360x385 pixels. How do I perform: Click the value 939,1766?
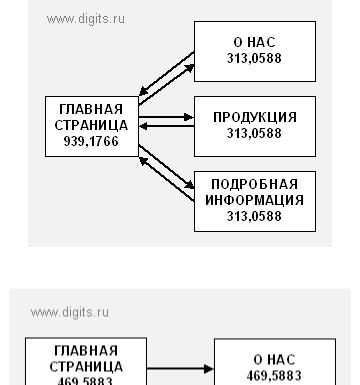[91, 142]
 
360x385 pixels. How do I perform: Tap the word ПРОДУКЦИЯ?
[255, 117]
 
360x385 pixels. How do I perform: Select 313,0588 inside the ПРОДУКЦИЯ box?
[255, 133]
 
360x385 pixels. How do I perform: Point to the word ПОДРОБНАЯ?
[255, 184]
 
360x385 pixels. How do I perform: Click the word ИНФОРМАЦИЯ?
[255, 199]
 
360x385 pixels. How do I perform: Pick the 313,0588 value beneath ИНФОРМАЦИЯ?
[255, 215]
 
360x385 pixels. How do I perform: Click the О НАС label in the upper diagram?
[255, 42]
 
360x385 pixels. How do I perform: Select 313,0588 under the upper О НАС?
[255, 58]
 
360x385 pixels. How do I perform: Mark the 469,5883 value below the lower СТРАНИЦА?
[86, 380]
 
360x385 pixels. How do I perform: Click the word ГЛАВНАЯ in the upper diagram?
[91, 109]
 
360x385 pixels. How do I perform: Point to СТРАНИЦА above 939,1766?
[91, 125]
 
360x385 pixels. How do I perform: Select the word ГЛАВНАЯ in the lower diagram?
[86, 350]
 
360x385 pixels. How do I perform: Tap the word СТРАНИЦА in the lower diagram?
[86, 365]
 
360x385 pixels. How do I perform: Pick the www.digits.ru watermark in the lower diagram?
[70, 312]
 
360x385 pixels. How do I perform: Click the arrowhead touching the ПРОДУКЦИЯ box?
[189, 118]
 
